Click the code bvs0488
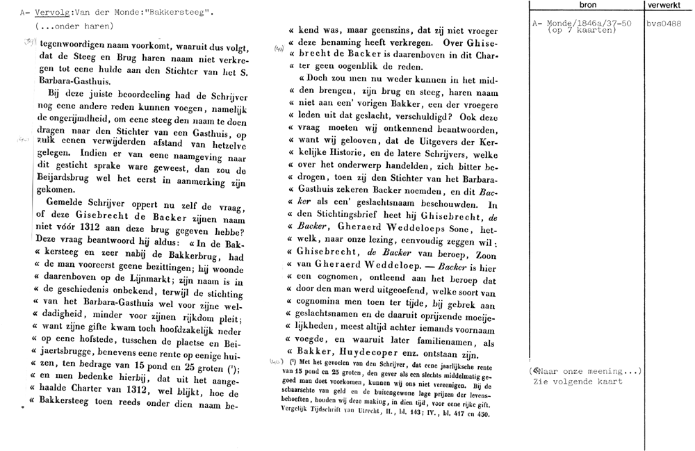pyautogui.click(x=664, y=24)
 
